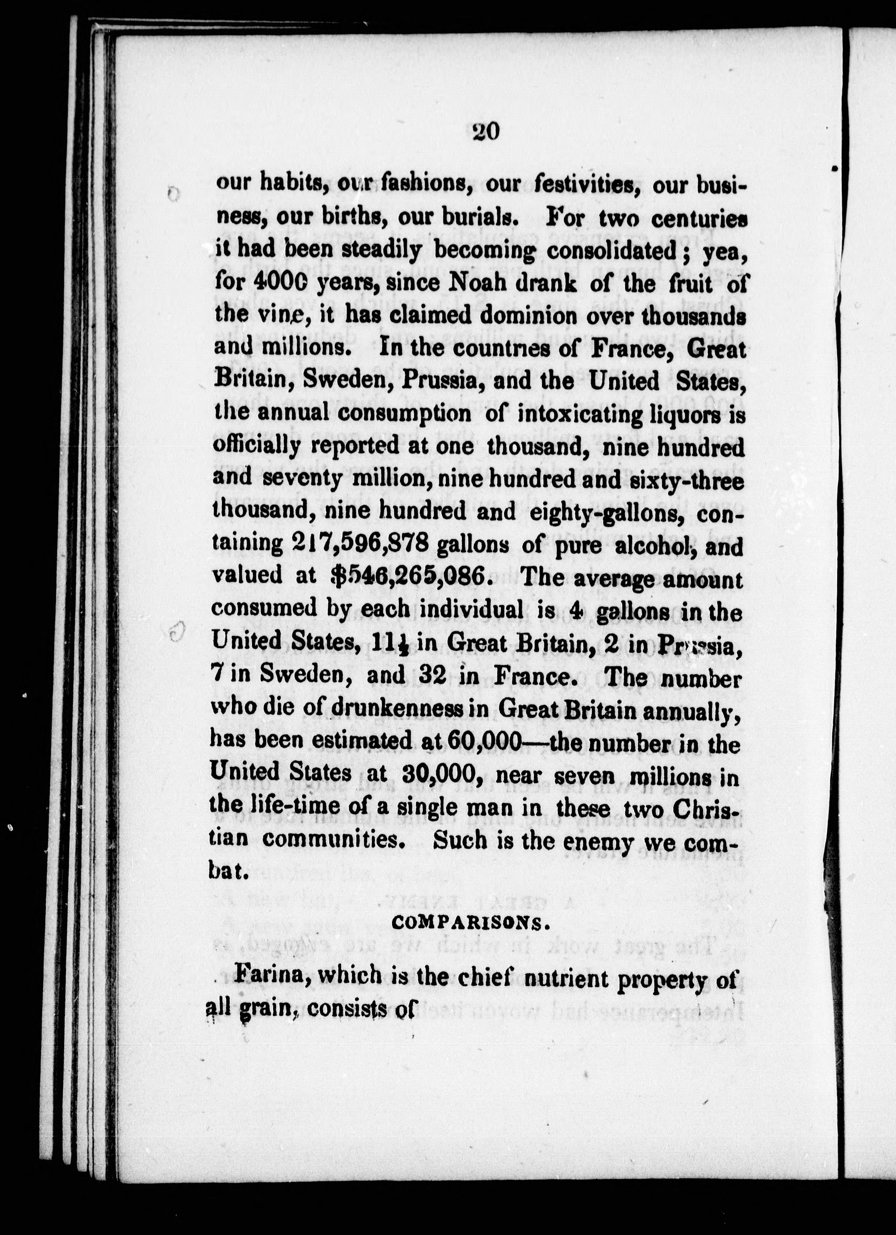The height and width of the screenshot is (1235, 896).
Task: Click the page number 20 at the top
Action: coord(486,132)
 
